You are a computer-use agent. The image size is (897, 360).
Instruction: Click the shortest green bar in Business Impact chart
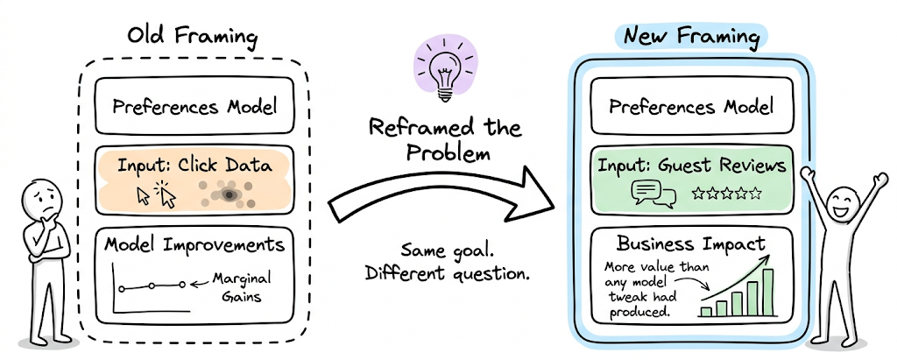(706, 309)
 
